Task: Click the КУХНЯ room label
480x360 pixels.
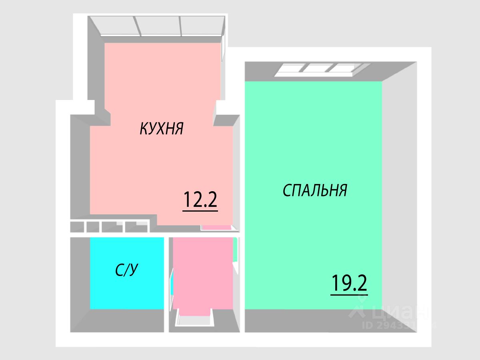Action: (x=161, y=128)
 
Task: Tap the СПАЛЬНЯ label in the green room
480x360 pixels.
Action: (x=314, y=190)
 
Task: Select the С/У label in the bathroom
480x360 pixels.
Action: (x=127, y=271)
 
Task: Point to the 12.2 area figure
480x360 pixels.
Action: (x=200, y=200)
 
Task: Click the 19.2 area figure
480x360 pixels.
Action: (x=349, y=284)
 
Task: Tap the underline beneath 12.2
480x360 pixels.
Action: (x=200, y=210)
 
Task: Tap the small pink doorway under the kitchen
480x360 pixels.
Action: (x=216, y=227)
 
